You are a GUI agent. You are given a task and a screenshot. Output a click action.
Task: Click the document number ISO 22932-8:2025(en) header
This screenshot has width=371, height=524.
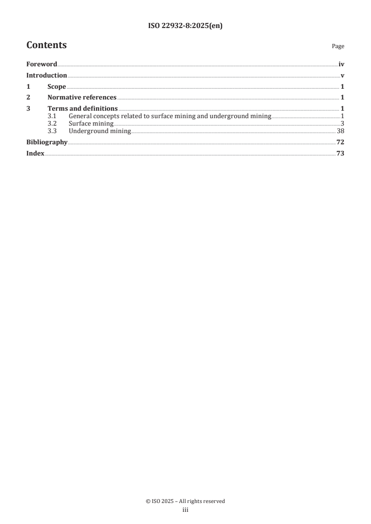185,26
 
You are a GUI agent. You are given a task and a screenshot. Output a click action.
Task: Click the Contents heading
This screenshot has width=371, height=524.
46,45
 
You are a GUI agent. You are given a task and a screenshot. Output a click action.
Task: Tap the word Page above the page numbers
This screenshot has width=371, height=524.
338,46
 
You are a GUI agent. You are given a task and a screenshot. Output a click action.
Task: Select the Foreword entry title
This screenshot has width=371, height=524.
42,64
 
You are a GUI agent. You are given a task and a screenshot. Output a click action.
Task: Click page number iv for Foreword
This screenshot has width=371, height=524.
342,64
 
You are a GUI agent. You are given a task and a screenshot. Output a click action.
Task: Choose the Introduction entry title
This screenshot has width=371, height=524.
46,76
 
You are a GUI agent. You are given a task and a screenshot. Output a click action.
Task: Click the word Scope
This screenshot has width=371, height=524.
57,87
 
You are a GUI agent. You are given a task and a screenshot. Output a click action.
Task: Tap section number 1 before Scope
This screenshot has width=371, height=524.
28,87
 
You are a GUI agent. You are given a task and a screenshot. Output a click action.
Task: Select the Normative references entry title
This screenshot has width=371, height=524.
82,98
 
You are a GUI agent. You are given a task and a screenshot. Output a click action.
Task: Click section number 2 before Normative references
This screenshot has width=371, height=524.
28,98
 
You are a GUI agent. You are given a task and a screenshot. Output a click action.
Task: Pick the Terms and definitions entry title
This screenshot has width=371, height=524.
82,109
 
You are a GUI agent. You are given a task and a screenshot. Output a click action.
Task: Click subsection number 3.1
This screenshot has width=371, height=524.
52,116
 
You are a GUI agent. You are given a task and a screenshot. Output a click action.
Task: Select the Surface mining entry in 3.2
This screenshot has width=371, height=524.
91,123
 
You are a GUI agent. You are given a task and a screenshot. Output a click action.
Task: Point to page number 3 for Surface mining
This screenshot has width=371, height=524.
343,123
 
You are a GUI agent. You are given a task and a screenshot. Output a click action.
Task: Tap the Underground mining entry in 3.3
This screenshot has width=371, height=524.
100,131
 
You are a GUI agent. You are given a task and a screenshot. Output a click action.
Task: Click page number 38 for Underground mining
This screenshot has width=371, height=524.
341,131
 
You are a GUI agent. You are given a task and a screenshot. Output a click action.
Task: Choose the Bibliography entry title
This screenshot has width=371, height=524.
47,142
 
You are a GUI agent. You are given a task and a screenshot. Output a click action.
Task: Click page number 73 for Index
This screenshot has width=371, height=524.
341,153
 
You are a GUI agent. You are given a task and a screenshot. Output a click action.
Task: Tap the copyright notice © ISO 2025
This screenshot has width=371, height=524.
185,501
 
